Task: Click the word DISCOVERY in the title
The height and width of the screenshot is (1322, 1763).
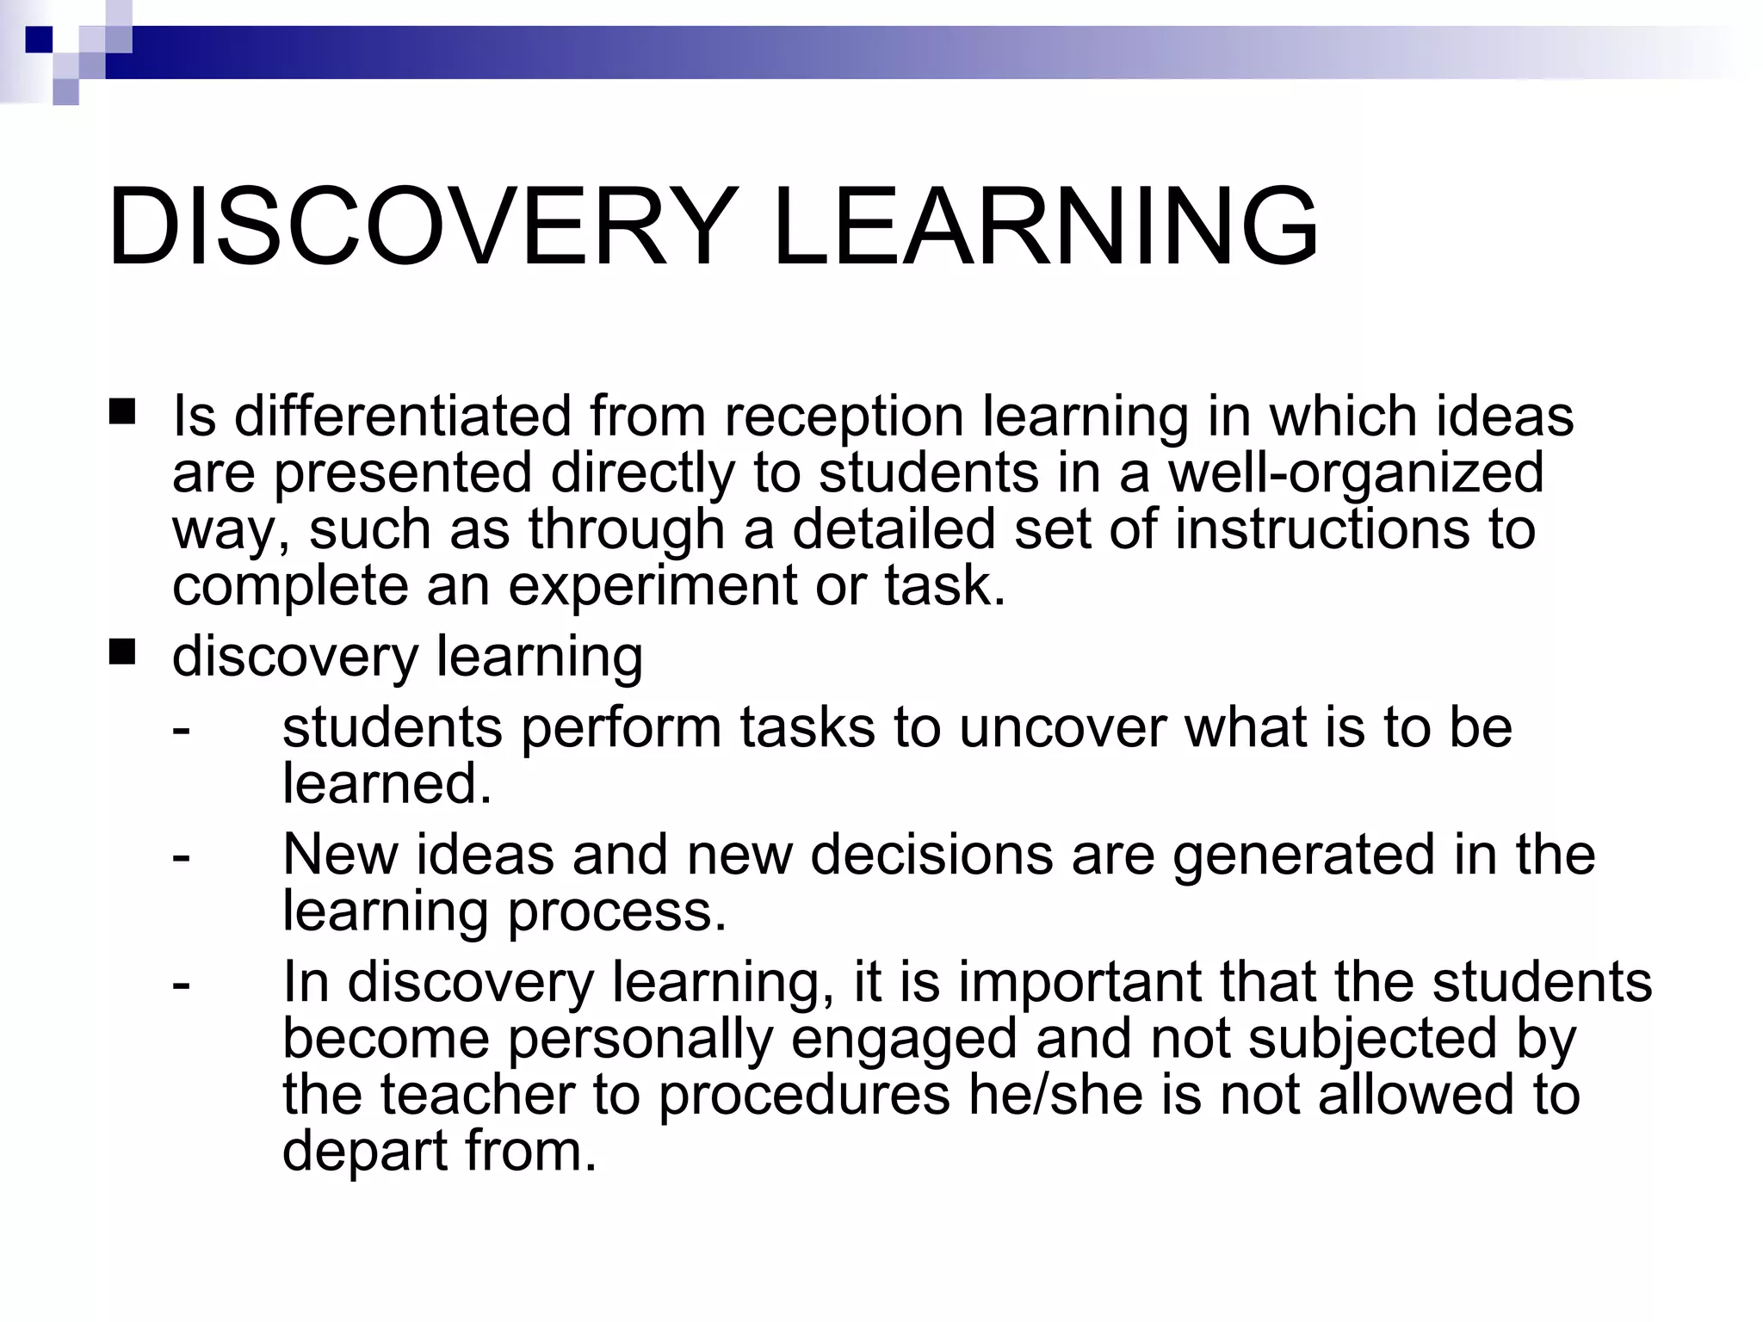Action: [x=422, y=228]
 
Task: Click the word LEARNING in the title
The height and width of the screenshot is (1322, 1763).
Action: [x=1046, y=228]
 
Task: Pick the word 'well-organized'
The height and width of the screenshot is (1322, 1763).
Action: [x=1355, y=473]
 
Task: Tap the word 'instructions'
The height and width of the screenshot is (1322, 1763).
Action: [x=1321, y=528]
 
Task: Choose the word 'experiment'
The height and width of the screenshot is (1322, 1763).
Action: [x=652, y=586]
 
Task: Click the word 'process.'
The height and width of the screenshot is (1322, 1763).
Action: [x=617, y=912]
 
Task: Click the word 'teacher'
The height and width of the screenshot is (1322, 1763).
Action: [x=478, y=1095]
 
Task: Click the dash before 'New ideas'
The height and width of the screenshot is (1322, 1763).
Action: [x=181, y=857]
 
